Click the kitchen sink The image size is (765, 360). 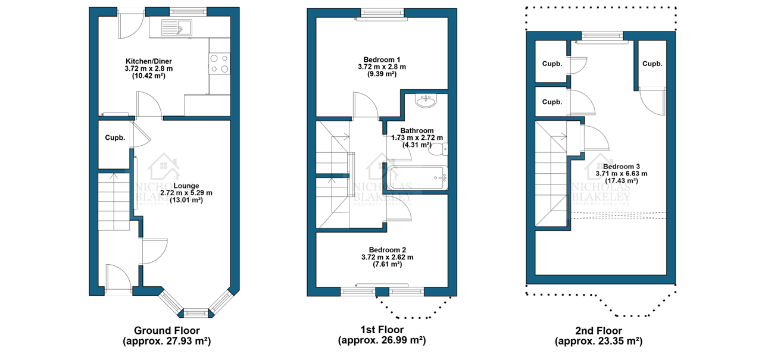(177, 27)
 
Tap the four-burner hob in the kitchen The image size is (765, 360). (219, 64)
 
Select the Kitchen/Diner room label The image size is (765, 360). (149, 61)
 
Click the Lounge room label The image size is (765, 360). (186, 186)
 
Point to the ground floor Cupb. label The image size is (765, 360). (115, 138)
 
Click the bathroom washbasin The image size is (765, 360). (426, 101)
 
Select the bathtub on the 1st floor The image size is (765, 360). (419, 177)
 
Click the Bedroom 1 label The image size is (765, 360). (382, 60)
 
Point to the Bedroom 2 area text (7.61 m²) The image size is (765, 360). (388, 264)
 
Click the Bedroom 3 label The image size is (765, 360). (621, 167)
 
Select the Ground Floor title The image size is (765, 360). (167, 330)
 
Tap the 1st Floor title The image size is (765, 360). (382, 330)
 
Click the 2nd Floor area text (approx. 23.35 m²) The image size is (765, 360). (598, 341)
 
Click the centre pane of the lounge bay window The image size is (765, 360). (196, 313)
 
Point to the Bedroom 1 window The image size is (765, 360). (382, 14)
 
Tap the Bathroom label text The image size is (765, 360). (417, 130)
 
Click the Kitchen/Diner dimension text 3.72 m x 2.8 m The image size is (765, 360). (149, 68)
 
